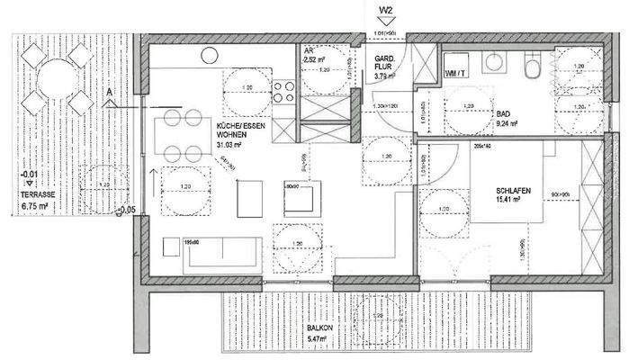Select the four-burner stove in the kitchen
click(x=285, y=91)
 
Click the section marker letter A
click(x=109, y=93)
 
